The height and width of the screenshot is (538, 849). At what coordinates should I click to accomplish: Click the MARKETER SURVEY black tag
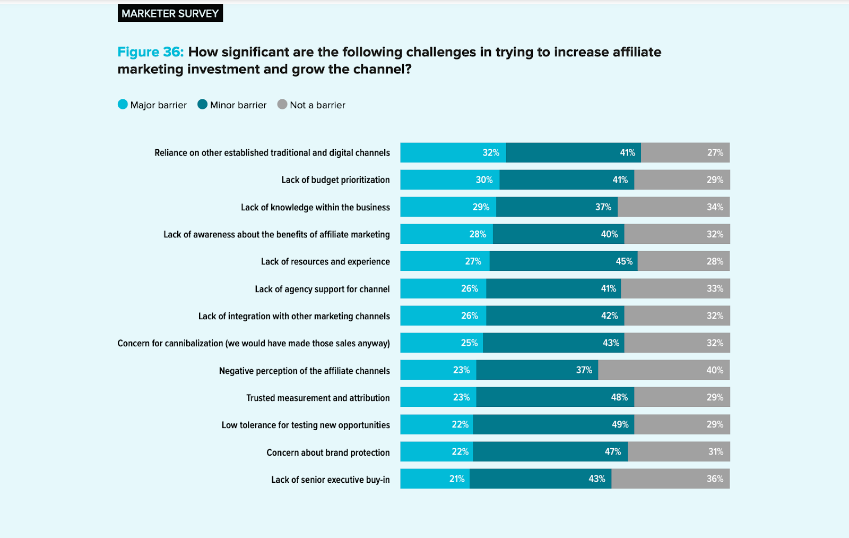coord(170,13)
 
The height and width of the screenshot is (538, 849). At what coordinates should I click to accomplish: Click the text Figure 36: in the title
coord(150,52)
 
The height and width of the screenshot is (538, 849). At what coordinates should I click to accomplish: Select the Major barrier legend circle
coord(123,105)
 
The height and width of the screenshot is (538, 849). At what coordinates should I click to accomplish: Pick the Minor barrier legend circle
coord(202,105)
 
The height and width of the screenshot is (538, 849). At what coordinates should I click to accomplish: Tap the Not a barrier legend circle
coord(282,105)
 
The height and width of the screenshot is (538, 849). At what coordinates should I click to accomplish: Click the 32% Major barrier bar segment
coord(453,153)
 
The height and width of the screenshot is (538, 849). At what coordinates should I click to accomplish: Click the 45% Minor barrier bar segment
coord(563,261)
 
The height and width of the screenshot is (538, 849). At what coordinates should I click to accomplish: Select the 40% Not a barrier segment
coord(663,370)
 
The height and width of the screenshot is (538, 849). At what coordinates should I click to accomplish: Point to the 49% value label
coord(620,424)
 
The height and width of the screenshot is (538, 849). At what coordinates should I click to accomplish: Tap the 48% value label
coord(619,397)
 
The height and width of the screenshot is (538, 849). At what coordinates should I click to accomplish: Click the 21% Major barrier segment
coord(435,479)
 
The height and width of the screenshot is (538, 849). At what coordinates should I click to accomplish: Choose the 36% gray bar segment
coord(670,479)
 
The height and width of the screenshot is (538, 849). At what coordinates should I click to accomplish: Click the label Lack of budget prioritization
coord(335,180)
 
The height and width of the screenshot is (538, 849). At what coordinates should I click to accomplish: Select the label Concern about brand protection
coord(328,452)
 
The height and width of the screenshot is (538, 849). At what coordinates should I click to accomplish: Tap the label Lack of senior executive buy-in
coord(330,480)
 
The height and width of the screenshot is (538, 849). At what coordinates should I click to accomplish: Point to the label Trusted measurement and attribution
coord(318,398)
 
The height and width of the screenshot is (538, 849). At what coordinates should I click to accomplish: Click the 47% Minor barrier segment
coord(550,452)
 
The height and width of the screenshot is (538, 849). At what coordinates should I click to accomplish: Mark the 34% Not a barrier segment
coord(673,207)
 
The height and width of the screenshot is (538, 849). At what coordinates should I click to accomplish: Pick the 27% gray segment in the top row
coord(685,153)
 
